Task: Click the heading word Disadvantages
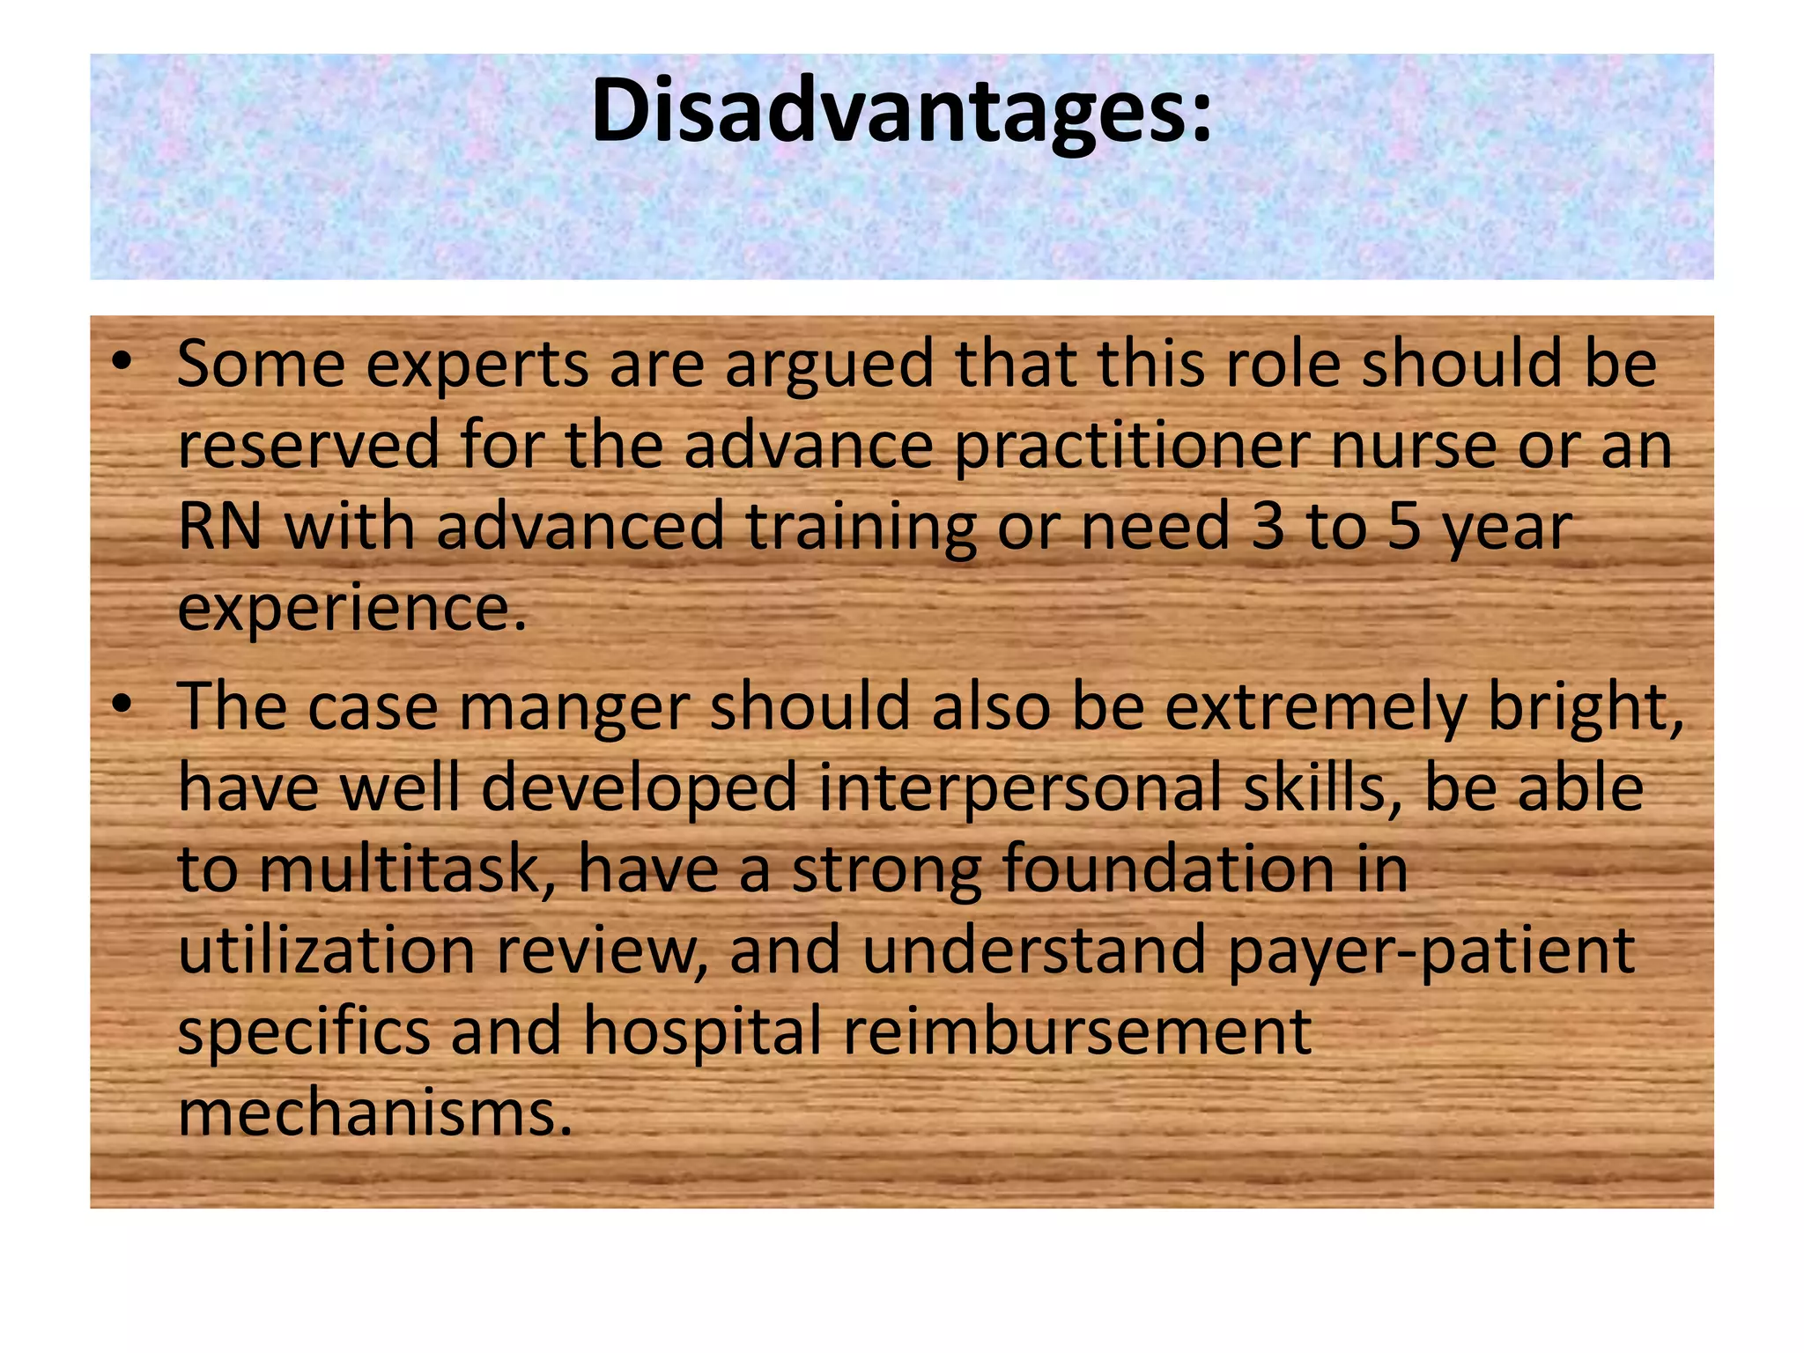tap(900, 111)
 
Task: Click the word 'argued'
tap(829, 366)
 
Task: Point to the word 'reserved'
tap(308, 444)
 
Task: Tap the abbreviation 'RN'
tap(220, 526)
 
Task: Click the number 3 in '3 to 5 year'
tap(1268, 526)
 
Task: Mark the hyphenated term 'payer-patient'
tap(1431, 952)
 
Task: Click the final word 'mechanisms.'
tap(375, 1112)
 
